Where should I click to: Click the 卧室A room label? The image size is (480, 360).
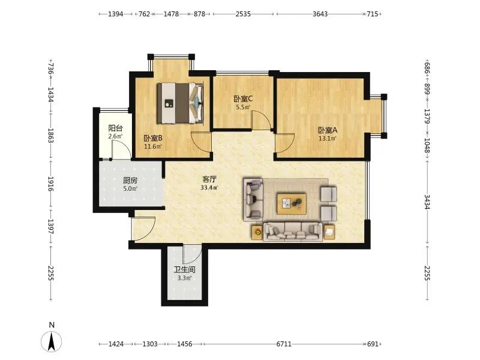pos(328,130)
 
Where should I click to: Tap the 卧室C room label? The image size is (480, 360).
pos(243,99)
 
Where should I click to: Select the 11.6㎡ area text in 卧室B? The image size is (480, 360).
pos(153,146)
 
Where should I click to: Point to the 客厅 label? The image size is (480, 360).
pos(209,179)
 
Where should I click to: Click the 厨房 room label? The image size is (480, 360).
pos(130,181)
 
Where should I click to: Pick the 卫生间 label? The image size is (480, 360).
pos(185,269)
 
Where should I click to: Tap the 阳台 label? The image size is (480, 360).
pos(115,128)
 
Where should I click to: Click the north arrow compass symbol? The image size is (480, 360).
pos(52,340)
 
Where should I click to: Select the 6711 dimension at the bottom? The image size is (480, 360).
pos(284,344)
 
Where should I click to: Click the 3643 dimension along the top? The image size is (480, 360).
pos(320,14)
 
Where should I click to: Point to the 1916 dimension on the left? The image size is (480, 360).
pos(51,184)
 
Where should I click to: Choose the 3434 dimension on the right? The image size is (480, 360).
pos(427,202)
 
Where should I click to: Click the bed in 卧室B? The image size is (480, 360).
pos(181,103)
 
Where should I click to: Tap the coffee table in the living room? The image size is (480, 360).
pos(292,203)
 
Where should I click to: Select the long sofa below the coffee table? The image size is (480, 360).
pos(293,232)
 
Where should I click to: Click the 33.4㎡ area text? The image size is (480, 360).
pos(209,188)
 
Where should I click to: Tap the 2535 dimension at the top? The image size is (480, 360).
pos(243,14)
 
